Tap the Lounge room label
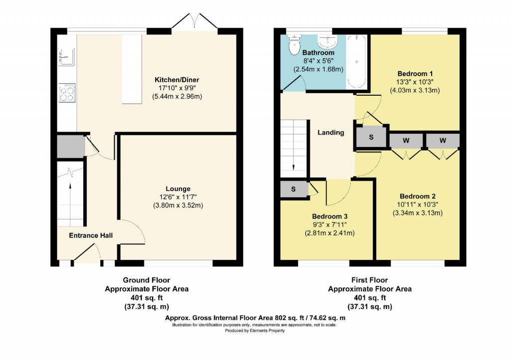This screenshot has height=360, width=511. [178, 189]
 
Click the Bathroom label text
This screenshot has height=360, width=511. [318, 53]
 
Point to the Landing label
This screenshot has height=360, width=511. [331, 133]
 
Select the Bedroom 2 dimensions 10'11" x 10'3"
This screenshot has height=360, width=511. [418, 204]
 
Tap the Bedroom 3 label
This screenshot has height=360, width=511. [329, 216]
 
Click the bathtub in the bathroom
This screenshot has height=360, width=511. [356, 62]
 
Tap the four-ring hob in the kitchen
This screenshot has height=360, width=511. [66, 93]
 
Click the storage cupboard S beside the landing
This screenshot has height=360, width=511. [371, 137]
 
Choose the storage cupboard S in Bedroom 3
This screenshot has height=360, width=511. [293, 189]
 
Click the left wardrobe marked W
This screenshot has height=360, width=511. [406, 141]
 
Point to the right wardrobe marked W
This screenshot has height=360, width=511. [442, 141]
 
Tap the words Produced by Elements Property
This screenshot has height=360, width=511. [255, 330]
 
